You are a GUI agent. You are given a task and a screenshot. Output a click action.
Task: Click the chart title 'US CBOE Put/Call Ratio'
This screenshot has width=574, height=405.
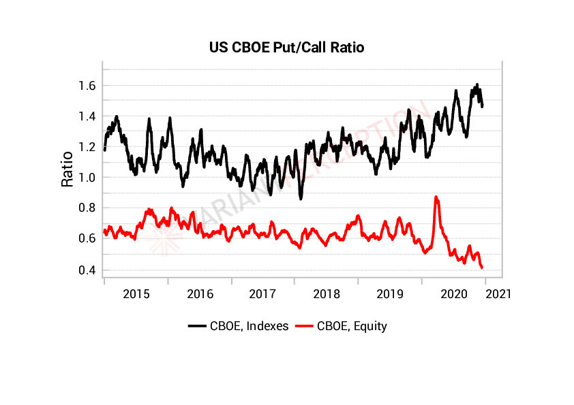point(286,48)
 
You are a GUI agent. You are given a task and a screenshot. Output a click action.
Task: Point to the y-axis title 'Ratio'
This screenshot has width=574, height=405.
point(67,169)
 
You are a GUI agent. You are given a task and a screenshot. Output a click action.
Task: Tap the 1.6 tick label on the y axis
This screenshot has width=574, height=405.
point(87,86)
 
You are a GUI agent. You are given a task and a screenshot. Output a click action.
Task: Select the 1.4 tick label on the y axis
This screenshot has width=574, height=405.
point(87,116)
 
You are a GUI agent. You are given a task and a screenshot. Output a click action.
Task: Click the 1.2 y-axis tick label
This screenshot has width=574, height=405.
point(87,147)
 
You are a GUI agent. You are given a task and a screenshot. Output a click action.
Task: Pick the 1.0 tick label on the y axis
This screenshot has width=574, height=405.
point(87,178)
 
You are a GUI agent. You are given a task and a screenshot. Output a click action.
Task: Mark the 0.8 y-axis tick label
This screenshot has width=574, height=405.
point(87,208)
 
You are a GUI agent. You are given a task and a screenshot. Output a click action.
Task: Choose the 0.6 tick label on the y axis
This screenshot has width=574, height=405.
point(87,239)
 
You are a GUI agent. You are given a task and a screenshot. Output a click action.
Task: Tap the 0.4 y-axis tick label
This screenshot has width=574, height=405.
point(87,270)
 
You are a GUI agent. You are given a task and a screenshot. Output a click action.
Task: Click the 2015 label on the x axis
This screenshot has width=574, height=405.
point(136,294)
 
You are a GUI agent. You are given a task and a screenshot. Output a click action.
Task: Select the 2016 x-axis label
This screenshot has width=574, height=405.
point(200,294)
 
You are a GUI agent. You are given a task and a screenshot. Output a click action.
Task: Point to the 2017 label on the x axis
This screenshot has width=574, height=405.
point(263,294)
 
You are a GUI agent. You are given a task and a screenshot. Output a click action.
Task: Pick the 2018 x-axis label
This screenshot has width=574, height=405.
point(327,294)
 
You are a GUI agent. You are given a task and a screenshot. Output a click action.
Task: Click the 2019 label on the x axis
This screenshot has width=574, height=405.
point(391,294)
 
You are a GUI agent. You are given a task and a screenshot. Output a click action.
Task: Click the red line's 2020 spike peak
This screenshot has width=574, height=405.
point(436,197)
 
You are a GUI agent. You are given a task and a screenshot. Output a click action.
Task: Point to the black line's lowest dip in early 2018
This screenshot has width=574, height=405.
point(301,197)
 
